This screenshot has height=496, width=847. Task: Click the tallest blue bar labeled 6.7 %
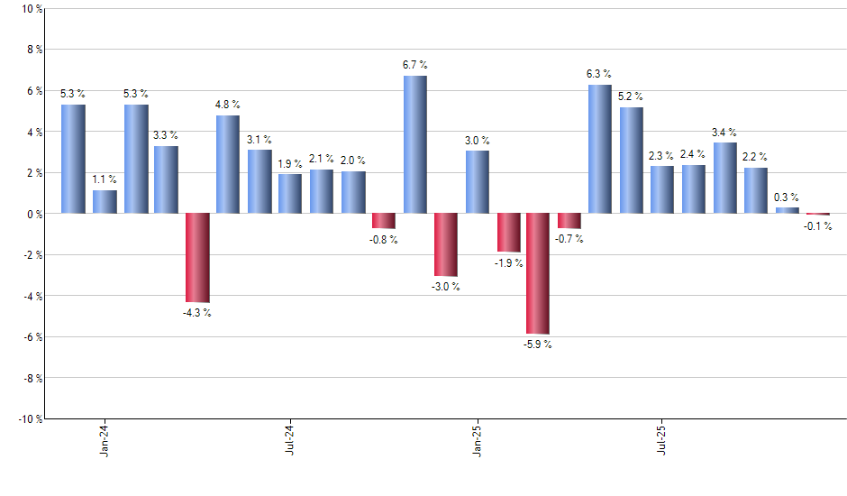click(x=414, y=144)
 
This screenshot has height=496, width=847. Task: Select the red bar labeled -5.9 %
click(x=539, y=273)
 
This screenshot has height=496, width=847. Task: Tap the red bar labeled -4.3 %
click(x=197, y=257)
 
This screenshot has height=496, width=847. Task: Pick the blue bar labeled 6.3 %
click(x=600, y=149)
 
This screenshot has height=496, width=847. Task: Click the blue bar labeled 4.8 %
click(x=228, y=164)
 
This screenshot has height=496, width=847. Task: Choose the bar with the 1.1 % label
click(x=105, y=202)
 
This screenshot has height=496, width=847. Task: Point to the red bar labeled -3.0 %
click(x=446, y=244)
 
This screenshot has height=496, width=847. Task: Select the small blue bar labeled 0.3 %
click(x=787, y=210)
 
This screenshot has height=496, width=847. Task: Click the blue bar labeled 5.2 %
click(x=632, y=161)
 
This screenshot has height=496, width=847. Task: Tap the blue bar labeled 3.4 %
click(x=725, y=178)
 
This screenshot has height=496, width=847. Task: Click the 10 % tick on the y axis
click(x=31, y=9)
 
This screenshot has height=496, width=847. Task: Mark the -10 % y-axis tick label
click(x=29, y=418)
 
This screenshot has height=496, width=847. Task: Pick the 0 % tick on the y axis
click(x=33, y=214)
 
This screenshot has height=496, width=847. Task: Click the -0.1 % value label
click(x=818, y=226)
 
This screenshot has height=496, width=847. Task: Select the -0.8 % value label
click(x=383, y=240)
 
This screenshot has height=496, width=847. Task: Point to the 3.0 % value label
click(x=478, y=140)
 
